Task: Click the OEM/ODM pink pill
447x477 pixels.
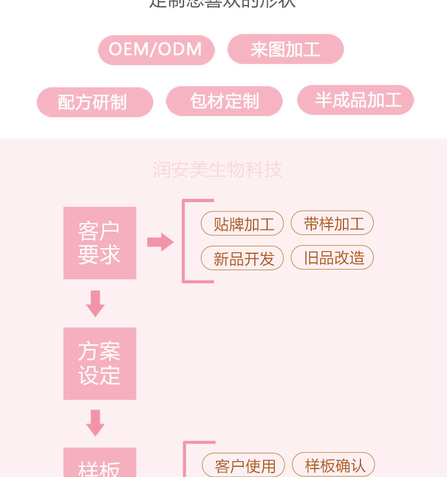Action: point(156,49)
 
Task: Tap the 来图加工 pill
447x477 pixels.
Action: point(285,49)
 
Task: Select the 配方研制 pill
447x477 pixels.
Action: point(95,102)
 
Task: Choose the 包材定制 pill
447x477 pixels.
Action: point(224,101)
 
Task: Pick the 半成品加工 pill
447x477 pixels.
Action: point(355,100)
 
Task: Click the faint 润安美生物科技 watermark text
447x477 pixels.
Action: point(217,170)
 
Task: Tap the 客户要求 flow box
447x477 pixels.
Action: point(100,243)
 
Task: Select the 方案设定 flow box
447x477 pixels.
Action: point(100,364)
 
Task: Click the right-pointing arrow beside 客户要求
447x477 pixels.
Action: point(160,242)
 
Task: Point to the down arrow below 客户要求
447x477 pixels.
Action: point(95,304)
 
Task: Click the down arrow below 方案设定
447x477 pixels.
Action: point(95,423)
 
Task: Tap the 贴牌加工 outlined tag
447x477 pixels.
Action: point(242,224)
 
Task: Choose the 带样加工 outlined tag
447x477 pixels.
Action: point(332,223)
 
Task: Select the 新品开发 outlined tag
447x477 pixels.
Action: point(242,258)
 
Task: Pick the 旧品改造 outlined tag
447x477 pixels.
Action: point(332,258)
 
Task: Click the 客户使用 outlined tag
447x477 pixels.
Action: point(243,466)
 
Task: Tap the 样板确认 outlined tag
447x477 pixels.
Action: point(333,465)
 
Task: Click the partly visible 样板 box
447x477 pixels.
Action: point(100,465)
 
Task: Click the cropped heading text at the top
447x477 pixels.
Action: point(222,4)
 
